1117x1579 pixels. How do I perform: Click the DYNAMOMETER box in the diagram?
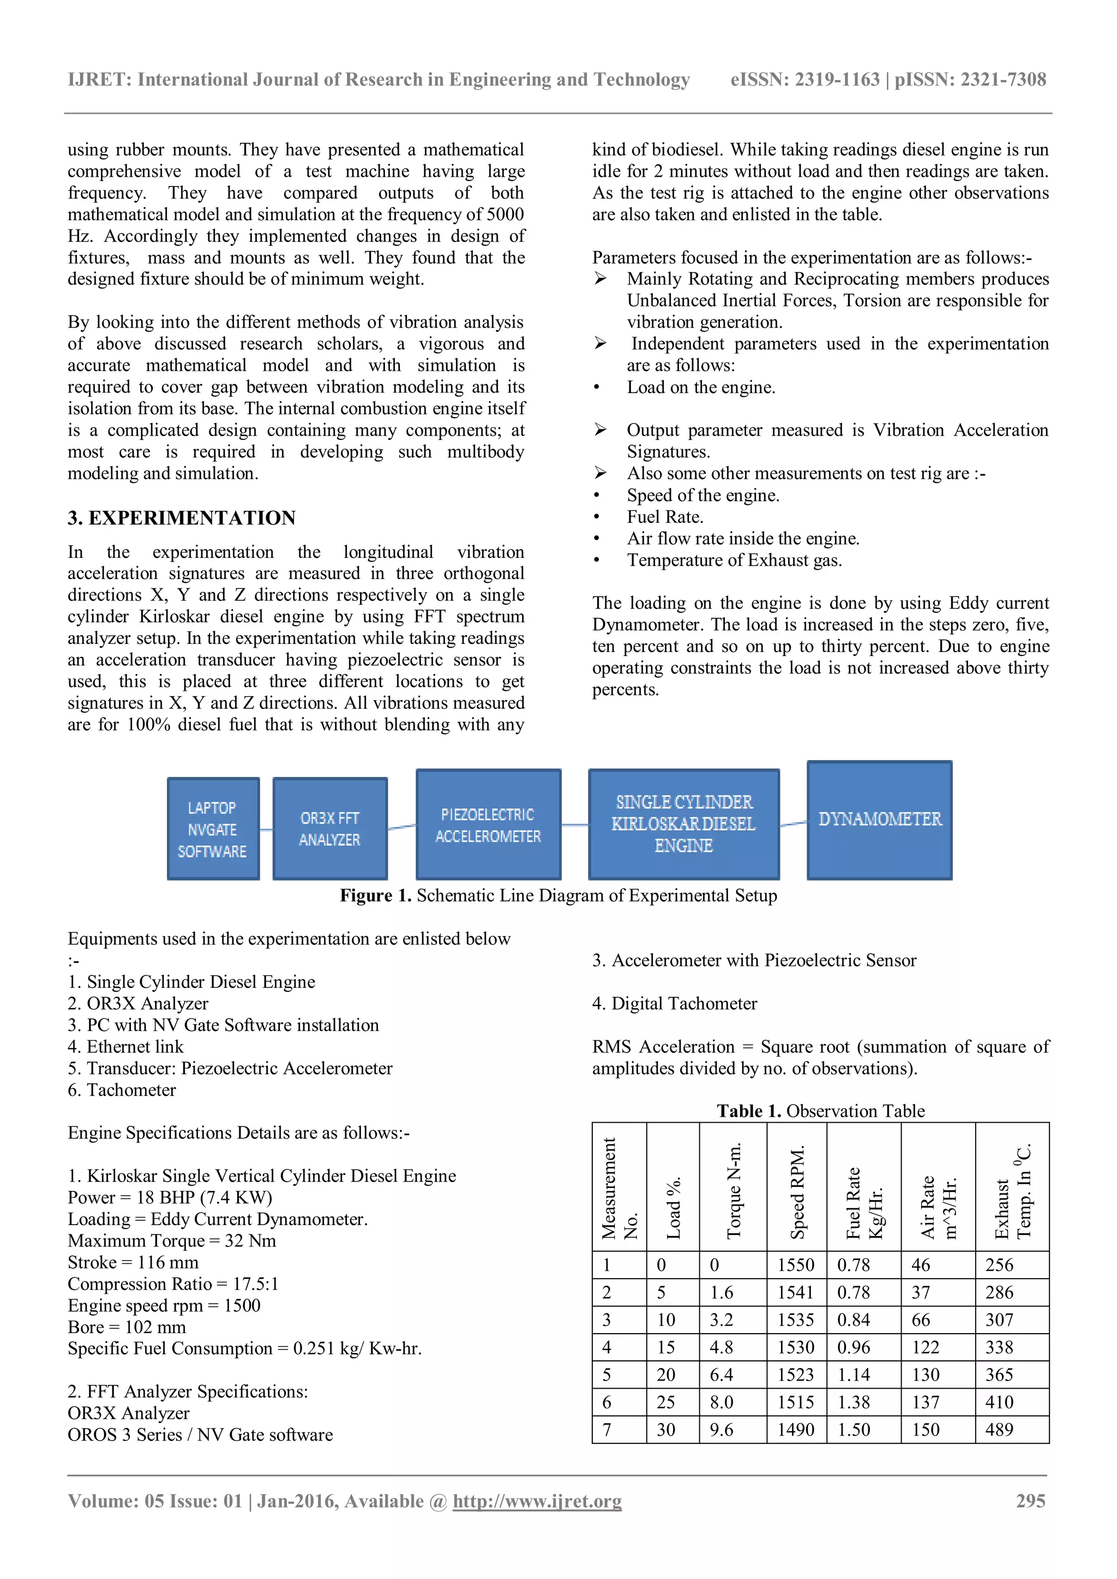click(x=879, y=819)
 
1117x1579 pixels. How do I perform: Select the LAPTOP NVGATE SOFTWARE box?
click(x=213, y=829)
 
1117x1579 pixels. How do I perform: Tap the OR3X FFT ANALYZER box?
click(x=329, y=829)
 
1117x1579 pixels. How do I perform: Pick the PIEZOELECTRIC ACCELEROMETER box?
click(x=488, y=824)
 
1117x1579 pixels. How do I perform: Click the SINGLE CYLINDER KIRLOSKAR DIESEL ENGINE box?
click(x=684, y=824)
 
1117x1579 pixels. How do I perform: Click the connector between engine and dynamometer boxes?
click(x=793, y=823)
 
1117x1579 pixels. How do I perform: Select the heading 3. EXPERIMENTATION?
click(x=182, y=518)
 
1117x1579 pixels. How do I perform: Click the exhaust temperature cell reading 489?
click(x=999, y=1430)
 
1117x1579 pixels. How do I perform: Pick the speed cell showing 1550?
click(x=796, y=1265)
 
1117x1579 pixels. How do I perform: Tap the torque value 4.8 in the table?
click(x=722, y=1347)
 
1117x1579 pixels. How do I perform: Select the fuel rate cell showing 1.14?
click(x=854, y=1375)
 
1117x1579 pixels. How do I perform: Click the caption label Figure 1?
click(x=376, y=895)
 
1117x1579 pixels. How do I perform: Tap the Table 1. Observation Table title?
click(x=820, y=1111)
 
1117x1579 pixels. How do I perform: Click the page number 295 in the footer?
click(x=1030, y=1500)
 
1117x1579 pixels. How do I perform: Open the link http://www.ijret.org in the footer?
click(x=537, y=1501)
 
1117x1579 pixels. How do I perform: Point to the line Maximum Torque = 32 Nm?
click(x=172, y=1240)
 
